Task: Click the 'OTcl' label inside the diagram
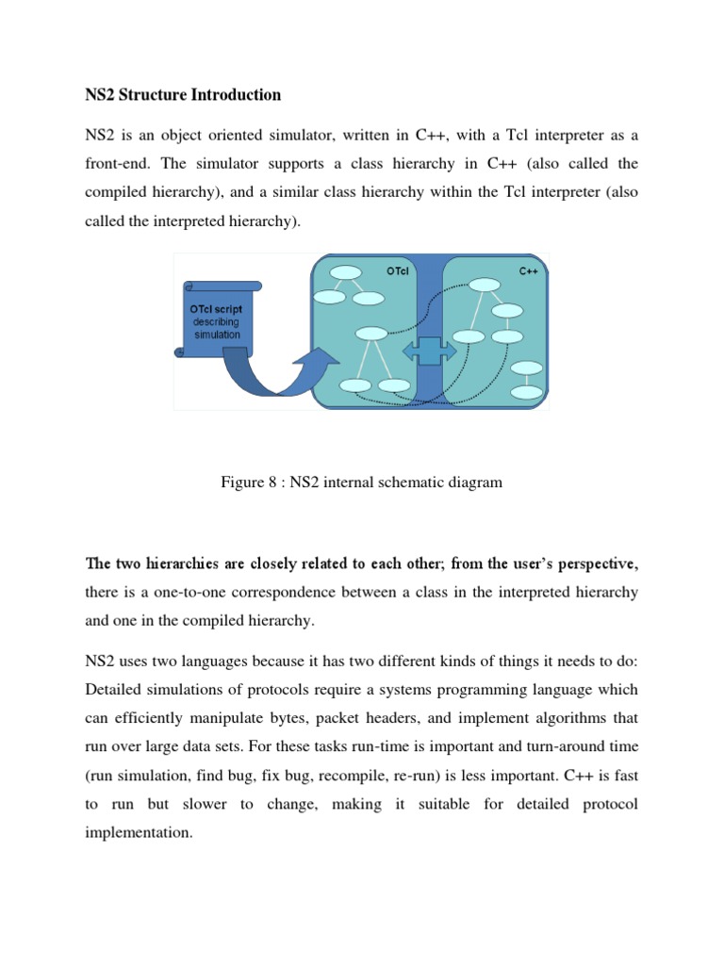point(398,271)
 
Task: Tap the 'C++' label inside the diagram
point(529,271)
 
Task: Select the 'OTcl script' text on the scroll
point(216,309)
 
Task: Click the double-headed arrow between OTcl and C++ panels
point(430,351)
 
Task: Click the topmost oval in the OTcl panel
point(346,272)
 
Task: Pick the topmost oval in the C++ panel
point(485,285)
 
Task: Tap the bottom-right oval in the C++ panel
point(527,391)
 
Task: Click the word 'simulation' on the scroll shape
point(217,335)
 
